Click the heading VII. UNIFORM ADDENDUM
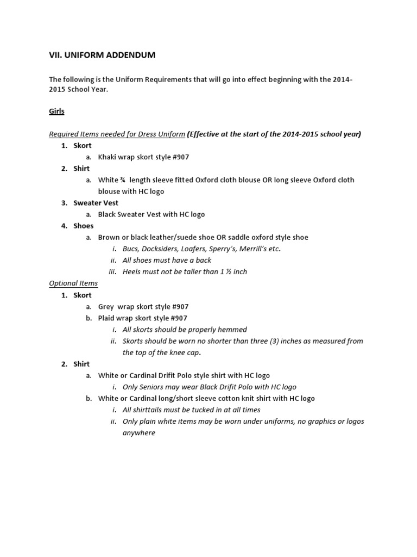point(102,55)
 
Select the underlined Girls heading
point(56,111)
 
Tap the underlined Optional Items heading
point(73,283)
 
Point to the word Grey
point(107,307)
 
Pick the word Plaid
point(107,318)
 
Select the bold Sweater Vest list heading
point(96,203)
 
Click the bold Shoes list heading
point(84,226)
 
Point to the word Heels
point(133,272)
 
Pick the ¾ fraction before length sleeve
point(124,180)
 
